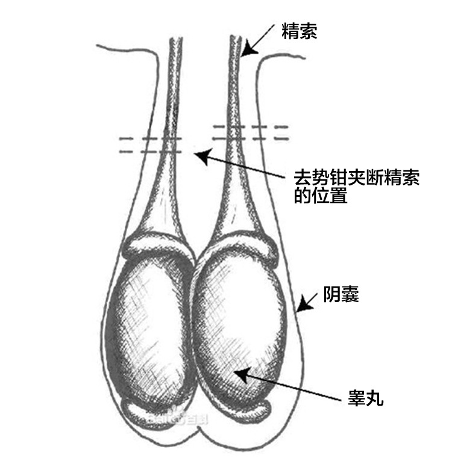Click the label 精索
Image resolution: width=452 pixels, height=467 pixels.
click(x=299, y=32)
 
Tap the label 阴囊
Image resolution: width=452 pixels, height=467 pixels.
click(x=341, y=295)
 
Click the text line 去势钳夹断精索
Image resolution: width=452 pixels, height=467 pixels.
click(x=356, y=179)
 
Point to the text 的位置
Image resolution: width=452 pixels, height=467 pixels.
click(x=320, y=196)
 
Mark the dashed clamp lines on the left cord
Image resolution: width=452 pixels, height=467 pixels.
click(x=151, y=144)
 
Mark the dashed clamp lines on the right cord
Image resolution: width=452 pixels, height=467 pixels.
click(x=250, y=132)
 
